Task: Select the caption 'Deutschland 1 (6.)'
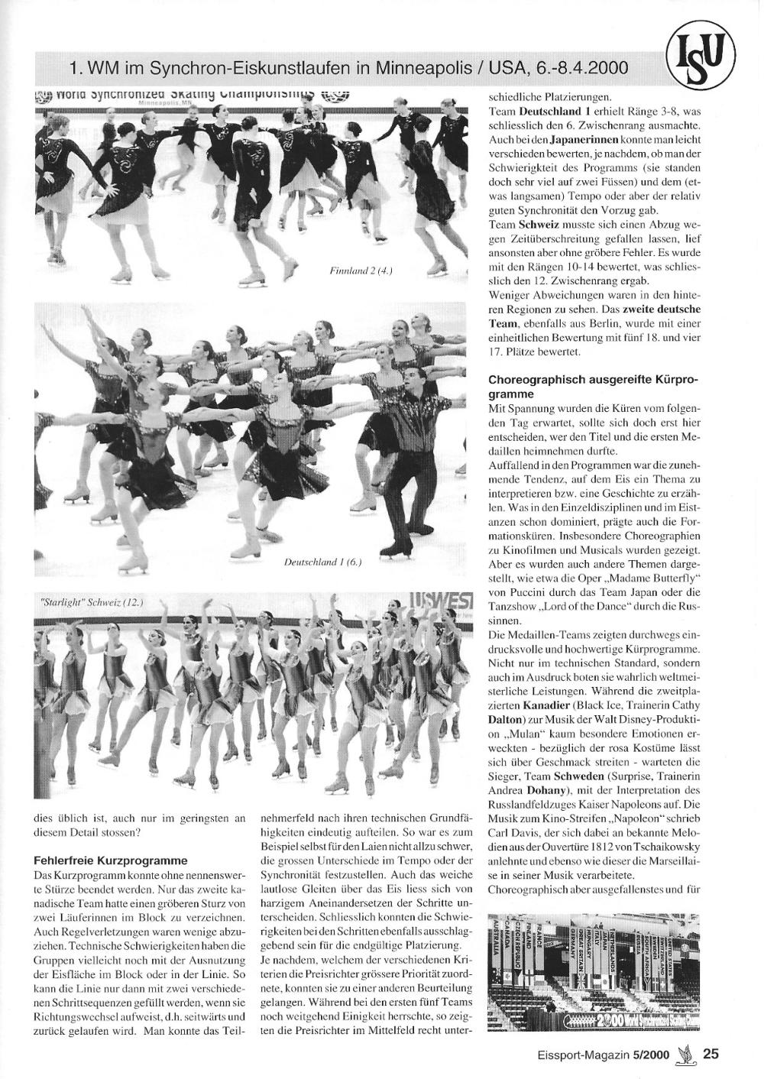click(322, 562)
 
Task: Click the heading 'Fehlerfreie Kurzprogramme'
click(111, 860)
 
